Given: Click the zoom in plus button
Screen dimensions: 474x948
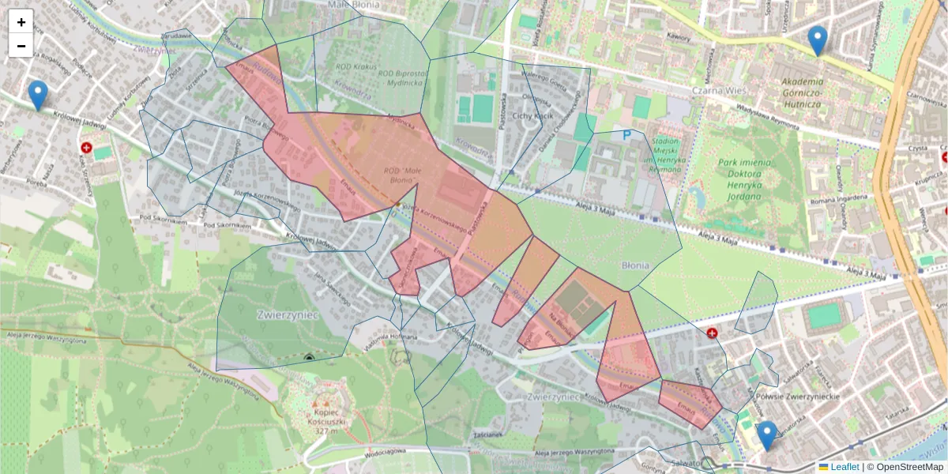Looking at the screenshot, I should pos(21,22).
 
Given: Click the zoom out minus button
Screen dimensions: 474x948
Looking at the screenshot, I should pos(21,46).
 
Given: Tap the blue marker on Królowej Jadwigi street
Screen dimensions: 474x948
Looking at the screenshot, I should pos(37,96).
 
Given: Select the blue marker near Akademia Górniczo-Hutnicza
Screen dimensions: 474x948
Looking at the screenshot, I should pos(818,40).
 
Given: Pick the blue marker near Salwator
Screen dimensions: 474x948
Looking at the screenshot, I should pos(766,435).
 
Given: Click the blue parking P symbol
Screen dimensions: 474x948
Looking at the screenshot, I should pos(627,135).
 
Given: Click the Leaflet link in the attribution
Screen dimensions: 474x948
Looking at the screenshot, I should pos(844,467).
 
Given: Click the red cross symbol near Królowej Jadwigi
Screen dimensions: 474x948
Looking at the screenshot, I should pos(86,148).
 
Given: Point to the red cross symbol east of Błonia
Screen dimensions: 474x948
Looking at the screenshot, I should pos(713,334).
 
